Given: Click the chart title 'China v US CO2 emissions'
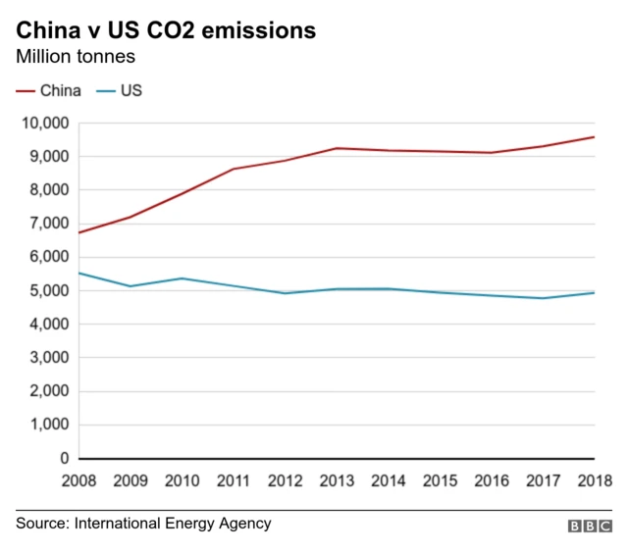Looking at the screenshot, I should point(165,30).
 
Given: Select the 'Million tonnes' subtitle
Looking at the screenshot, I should point(75,57).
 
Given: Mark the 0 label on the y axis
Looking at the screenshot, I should point(65,459).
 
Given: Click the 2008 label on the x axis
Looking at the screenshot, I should point(78,480).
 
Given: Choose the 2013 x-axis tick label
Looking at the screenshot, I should point(338,480).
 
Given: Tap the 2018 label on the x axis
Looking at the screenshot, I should point(593,480).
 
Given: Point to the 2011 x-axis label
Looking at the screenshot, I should point(234,480).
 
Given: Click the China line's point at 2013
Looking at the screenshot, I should point(338,148).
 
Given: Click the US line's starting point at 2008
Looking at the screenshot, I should point(79,273).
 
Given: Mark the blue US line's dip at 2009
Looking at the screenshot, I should point(131,286).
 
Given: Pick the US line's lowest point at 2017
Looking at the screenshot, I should point(544,298).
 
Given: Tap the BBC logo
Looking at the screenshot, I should point(590,527).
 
